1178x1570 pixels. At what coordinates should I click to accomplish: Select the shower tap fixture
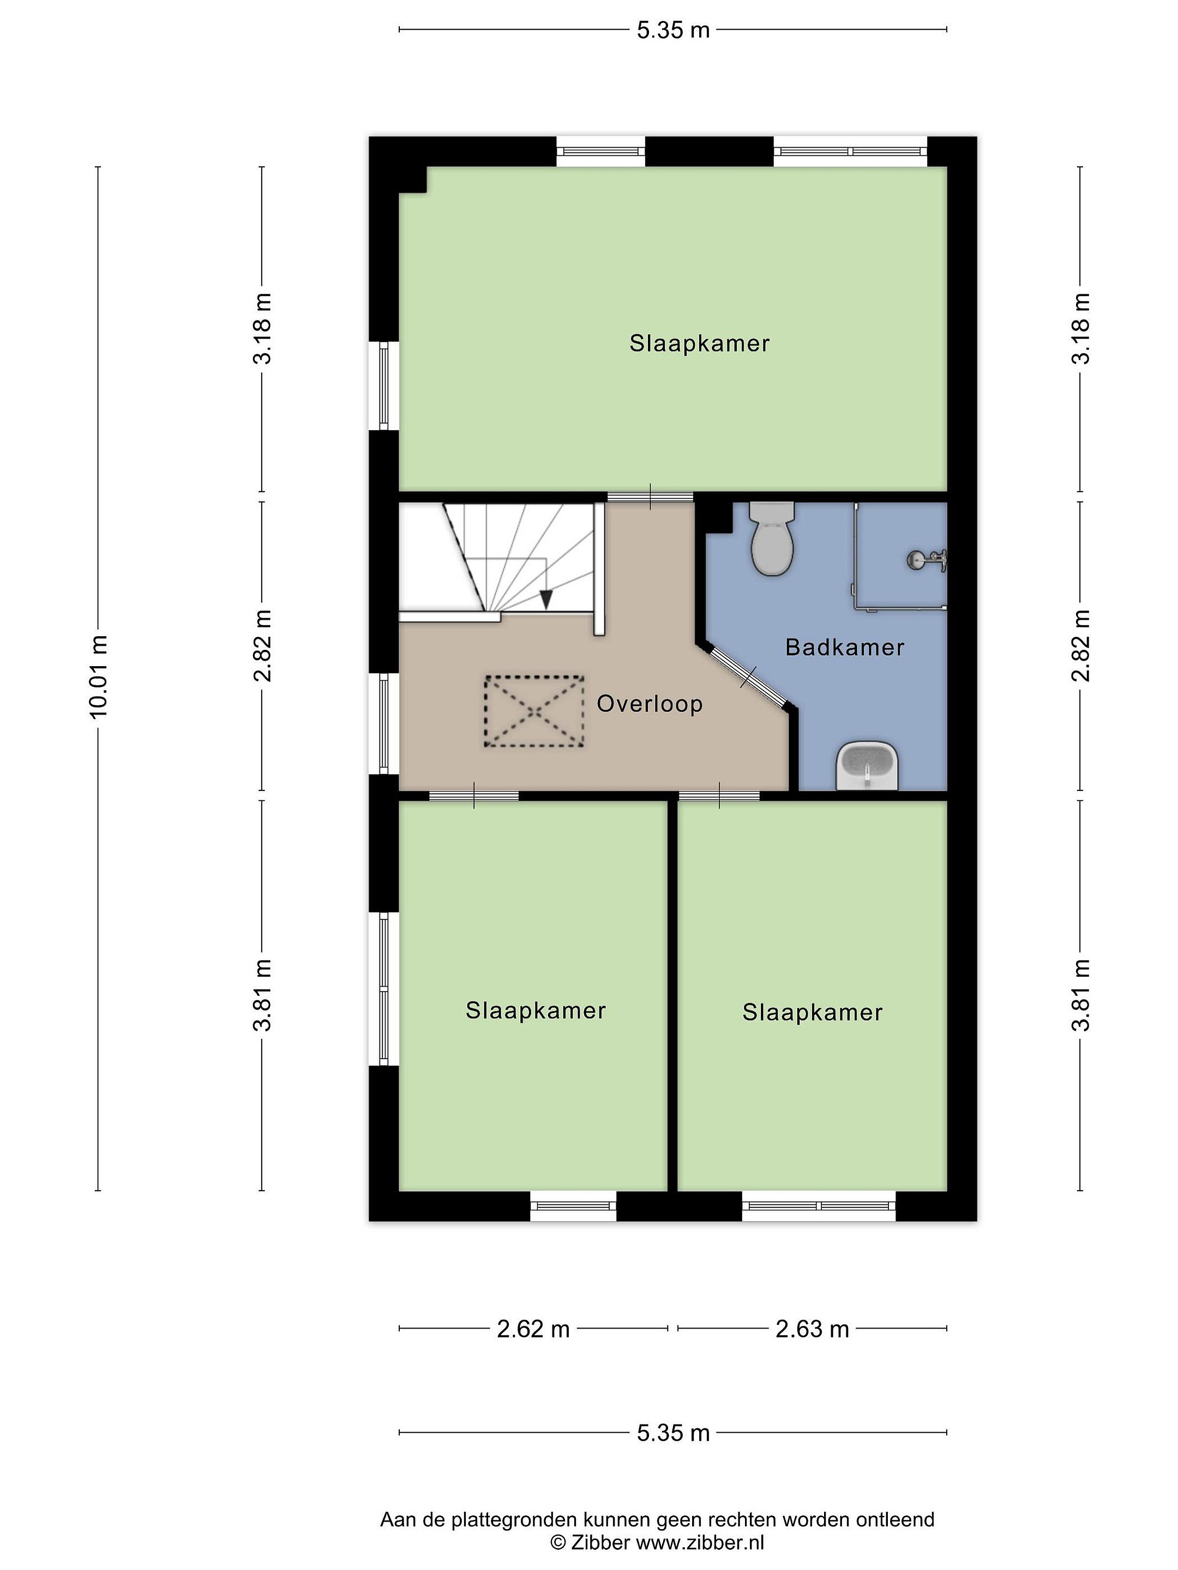pos(926,560)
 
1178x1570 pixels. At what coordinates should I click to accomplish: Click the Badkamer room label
pos(844,647)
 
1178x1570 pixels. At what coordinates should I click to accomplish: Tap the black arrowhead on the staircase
pos(545,600)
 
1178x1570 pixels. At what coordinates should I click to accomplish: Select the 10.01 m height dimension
pos(98,677)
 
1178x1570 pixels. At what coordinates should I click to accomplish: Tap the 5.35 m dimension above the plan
pos(673,30)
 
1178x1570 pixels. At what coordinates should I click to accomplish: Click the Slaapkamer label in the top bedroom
pos(699,343)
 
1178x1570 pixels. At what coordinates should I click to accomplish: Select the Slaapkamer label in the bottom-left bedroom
pos(536,1010)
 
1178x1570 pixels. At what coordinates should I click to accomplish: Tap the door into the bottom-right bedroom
pos(719,796)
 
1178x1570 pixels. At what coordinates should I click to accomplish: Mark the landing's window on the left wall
pos(384,724)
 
